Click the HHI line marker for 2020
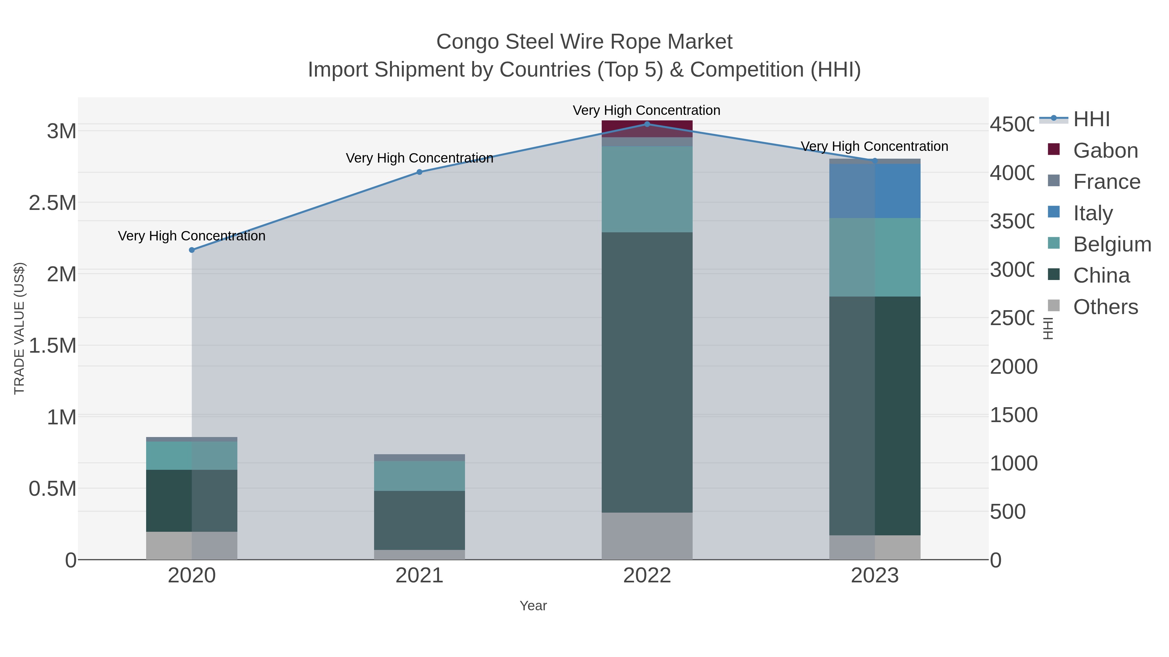[x=192, y=250]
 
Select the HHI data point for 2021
[x=419, y=172]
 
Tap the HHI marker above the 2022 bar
[x=647, y=124]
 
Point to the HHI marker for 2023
[x=875, y=161]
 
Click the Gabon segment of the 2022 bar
[x=647, y=128]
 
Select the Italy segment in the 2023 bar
[x=875, y=191]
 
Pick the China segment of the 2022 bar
[x=647, y=372]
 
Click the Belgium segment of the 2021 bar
[x=419, y=476]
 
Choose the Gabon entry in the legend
[x=1105, y=151]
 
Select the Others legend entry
[x=1105, y=307]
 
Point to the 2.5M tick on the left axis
[x=53, y=203]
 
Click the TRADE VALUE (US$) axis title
[x=19, y=328]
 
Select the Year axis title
[x=533, y=606]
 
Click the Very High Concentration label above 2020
[x=192, y=236]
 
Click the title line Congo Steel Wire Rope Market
[x=584, y=42]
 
